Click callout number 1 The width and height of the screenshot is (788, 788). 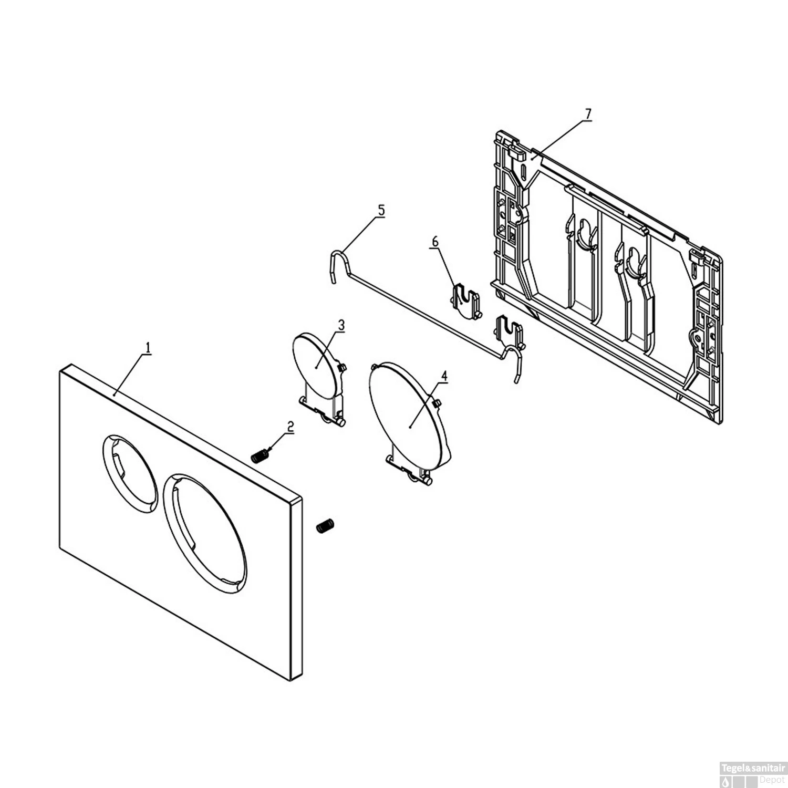click(148, 348)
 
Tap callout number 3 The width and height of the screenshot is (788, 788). click(341, 325)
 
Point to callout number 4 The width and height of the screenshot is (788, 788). click(444, 377)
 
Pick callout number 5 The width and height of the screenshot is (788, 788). click(381, 211)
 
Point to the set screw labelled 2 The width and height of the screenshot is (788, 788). click(259, 458)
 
